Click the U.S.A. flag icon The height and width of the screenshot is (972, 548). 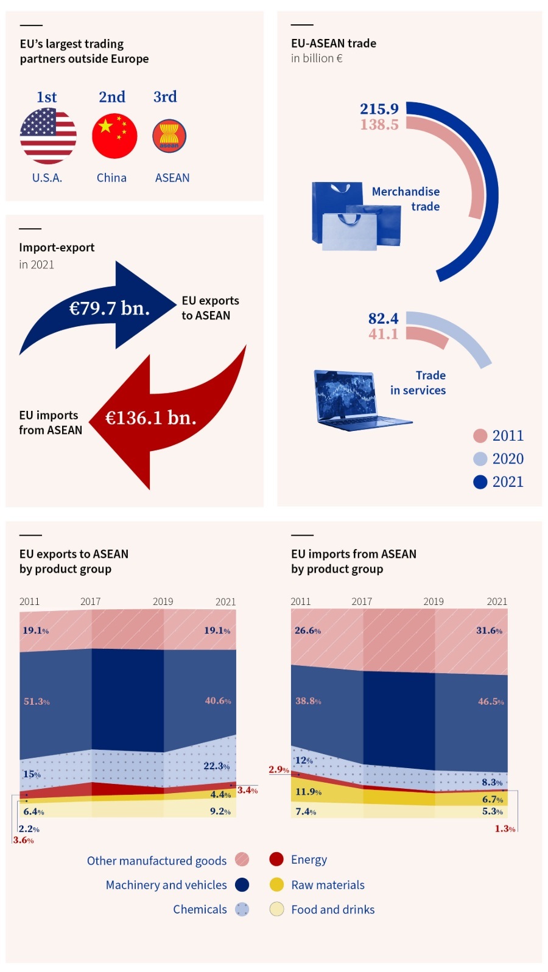48,136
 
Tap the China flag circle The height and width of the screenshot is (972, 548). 114,136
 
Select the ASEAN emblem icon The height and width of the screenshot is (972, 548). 169,136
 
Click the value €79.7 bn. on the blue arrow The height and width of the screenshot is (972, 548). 110,308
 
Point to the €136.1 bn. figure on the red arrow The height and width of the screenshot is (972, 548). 151,418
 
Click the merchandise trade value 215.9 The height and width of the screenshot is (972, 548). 379,109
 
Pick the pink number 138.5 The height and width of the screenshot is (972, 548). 379,125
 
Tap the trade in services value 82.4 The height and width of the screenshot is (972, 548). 383,318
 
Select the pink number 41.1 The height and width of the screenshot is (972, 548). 383,334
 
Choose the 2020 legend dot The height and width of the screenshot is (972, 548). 480,459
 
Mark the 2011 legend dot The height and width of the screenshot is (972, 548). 480,436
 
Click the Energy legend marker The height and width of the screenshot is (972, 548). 276,859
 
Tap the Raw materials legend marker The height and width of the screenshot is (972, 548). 276,884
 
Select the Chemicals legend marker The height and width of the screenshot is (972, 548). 242,909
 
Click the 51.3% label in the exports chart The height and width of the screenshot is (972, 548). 37,701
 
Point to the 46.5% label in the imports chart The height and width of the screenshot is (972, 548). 491,701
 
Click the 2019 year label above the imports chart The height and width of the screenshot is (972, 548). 434,601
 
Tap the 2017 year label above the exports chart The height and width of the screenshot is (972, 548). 90,601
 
